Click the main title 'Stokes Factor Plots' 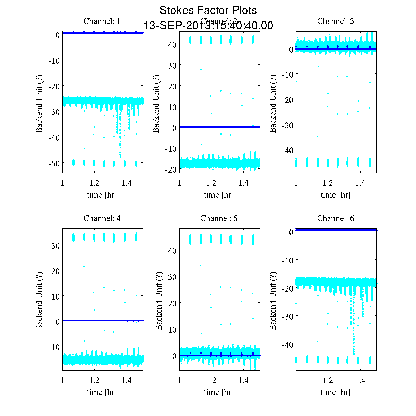208,10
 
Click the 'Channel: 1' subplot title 102,21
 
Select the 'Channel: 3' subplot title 336,21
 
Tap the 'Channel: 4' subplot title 102,218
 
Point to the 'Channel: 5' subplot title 219,218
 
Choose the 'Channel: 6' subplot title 336,218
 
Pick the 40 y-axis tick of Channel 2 172,45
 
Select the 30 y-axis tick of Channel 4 55,245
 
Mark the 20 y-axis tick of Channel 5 172,303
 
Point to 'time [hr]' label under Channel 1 102,195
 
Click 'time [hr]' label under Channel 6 336,392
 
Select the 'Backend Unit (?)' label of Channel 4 39,301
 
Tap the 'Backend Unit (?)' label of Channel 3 273,103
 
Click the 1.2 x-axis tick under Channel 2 211,183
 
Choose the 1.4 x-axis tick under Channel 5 243,380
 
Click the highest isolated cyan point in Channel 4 84,266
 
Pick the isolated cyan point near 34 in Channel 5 201,265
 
